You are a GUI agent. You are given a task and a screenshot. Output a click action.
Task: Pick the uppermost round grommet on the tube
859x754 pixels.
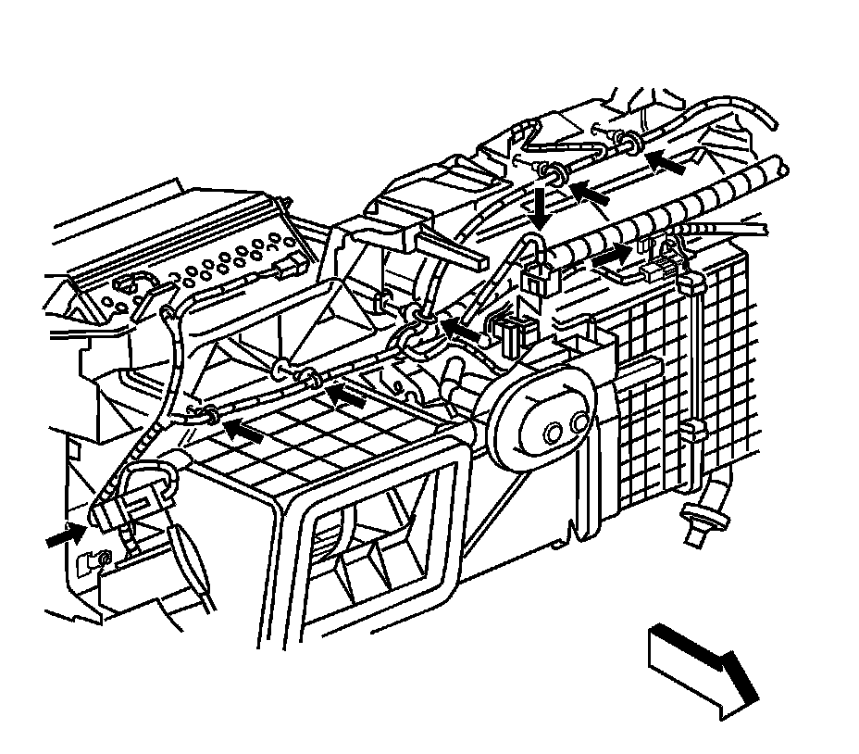click(x=629, y=142)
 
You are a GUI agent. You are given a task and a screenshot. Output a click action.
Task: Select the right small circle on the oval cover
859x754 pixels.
click(x=579, y=423)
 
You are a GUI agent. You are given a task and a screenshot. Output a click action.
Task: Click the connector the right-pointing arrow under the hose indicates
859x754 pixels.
click(x=659, y=269)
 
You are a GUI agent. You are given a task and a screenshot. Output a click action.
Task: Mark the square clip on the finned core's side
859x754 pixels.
click(x=690, y=430)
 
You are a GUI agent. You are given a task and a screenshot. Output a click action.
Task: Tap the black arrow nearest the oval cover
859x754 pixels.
click(x=461, y=328)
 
